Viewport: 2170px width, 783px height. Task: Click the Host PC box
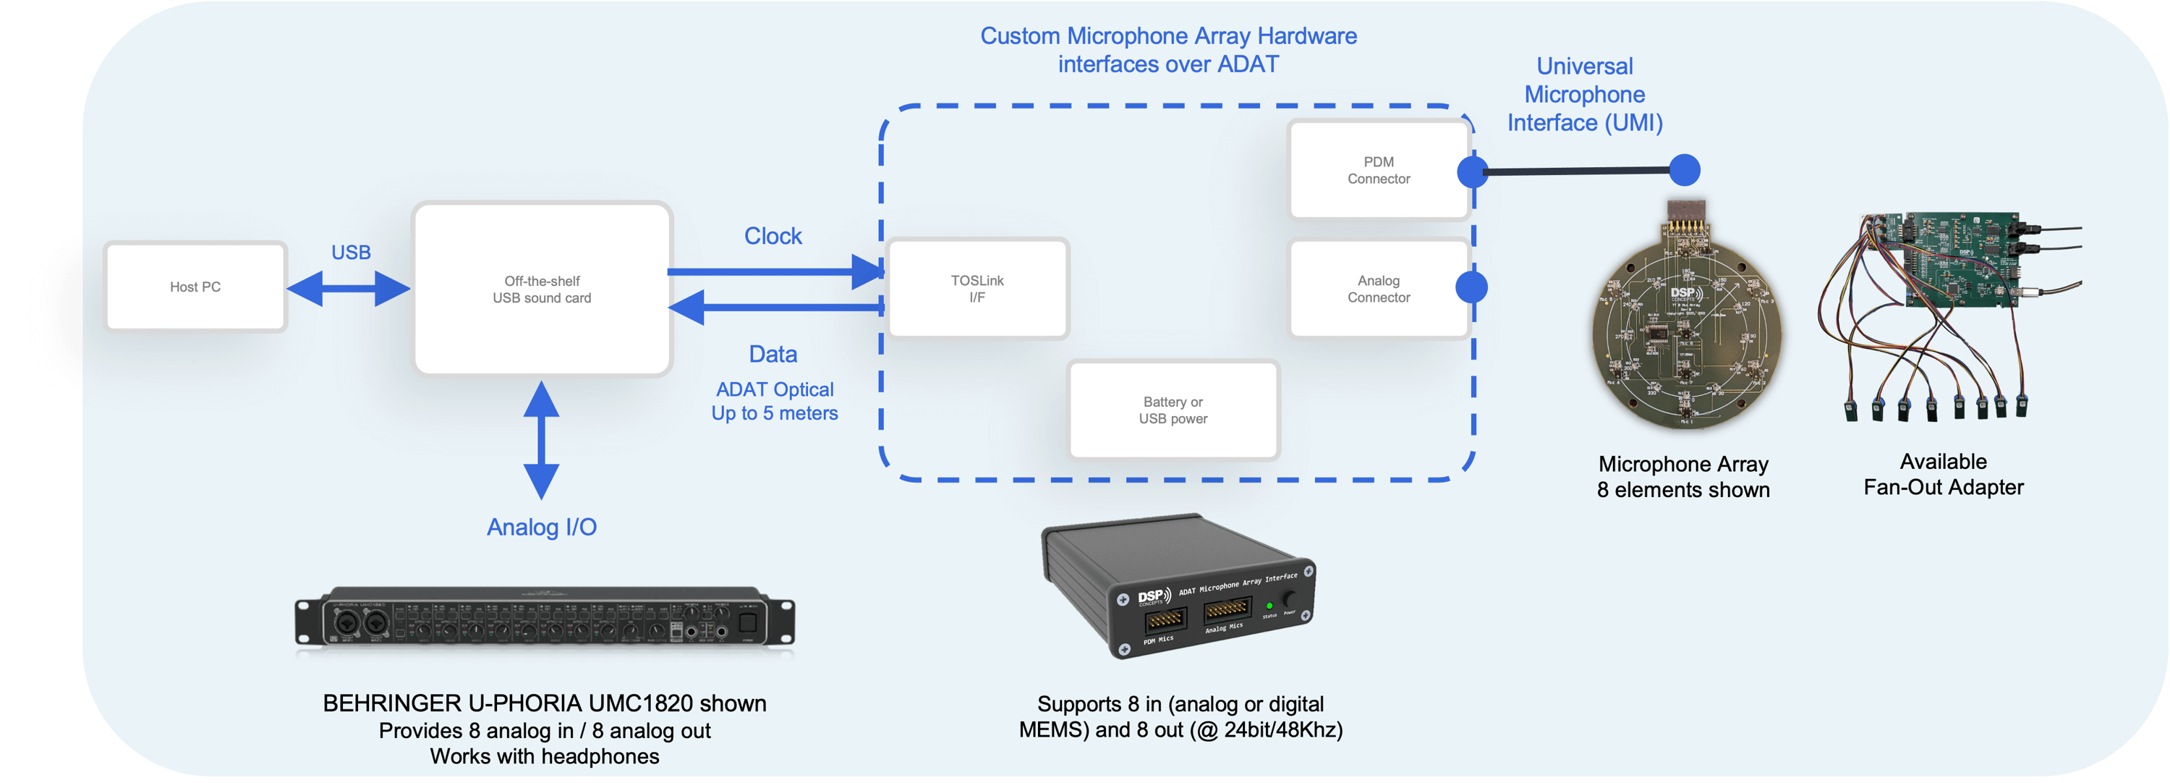point(195,287)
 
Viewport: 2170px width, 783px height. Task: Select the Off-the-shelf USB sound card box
point(542,289)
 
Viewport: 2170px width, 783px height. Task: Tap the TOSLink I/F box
point(977,289)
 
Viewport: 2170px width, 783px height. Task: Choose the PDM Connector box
point(1378,170)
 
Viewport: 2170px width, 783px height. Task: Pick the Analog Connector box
point(1378,289)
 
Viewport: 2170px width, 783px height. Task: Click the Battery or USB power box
point(1173,410)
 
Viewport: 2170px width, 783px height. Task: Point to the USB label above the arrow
point(350,252)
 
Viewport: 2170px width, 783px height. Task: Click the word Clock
point(773,236)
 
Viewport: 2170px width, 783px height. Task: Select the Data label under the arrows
point(773,354)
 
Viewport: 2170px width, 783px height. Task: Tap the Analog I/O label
point(542,528)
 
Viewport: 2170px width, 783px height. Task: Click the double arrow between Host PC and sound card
point(348,289)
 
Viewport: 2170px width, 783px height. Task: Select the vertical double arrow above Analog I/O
point(542,440)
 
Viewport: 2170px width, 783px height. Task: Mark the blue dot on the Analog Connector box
point(1472,287)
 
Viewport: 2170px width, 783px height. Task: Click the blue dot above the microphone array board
point(1684,170)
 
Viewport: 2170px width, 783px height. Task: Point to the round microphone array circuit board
point(1685,337)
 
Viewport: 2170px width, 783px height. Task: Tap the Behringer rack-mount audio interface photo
point(544,619)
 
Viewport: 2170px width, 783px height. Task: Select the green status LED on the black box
point(1269,606)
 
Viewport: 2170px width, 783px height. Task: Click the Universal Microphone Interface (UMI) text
point(1585,94)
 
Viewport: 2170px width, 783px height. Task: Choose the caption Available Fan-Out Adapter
point(1943,475)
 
